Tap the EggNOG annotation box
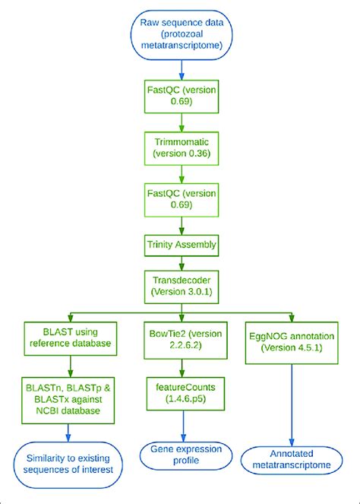click(x=292, y=342)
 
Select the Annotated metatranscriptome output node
click(x=292, y=456)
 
